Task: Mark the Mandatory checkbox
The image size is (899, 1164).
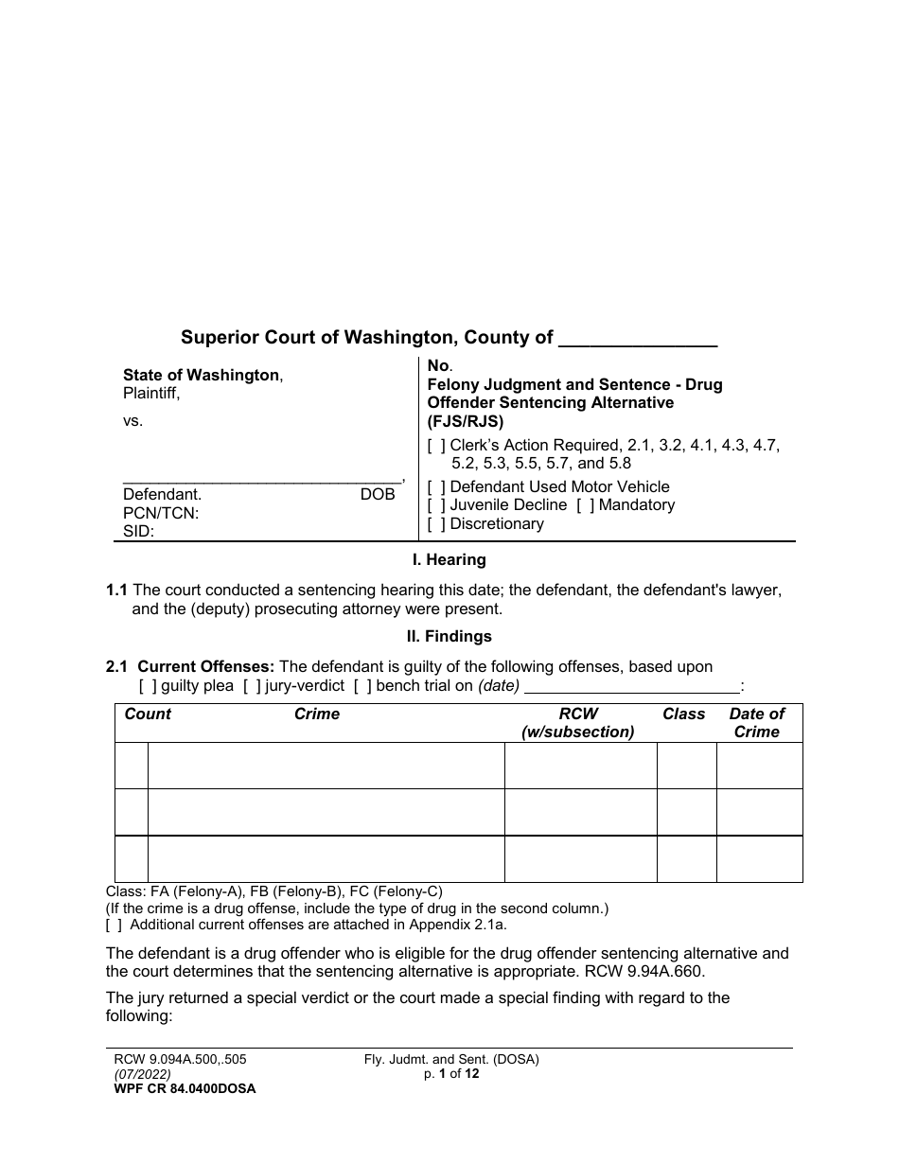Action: coord(586,505)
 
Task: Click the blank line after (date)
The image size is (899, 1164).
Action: coord(631,687)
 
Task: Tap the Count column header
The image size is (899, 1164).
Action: coord(148,714)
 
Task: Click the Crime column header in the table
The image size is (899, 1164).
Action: coord(317,714)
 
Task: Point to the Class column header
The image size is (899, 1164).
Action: coord(684,714)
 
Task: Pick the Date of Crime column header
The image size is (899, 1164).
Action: coord(757,723)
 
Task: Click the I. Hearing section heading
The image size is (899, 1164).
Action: coord(449,560)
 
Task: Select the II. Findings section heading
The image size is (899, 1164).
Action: coord(449,637)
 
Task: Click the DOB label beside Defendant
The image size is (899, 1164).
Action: coord(378,495)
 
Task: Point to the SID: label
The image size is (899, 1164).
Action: coord(139,532)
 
